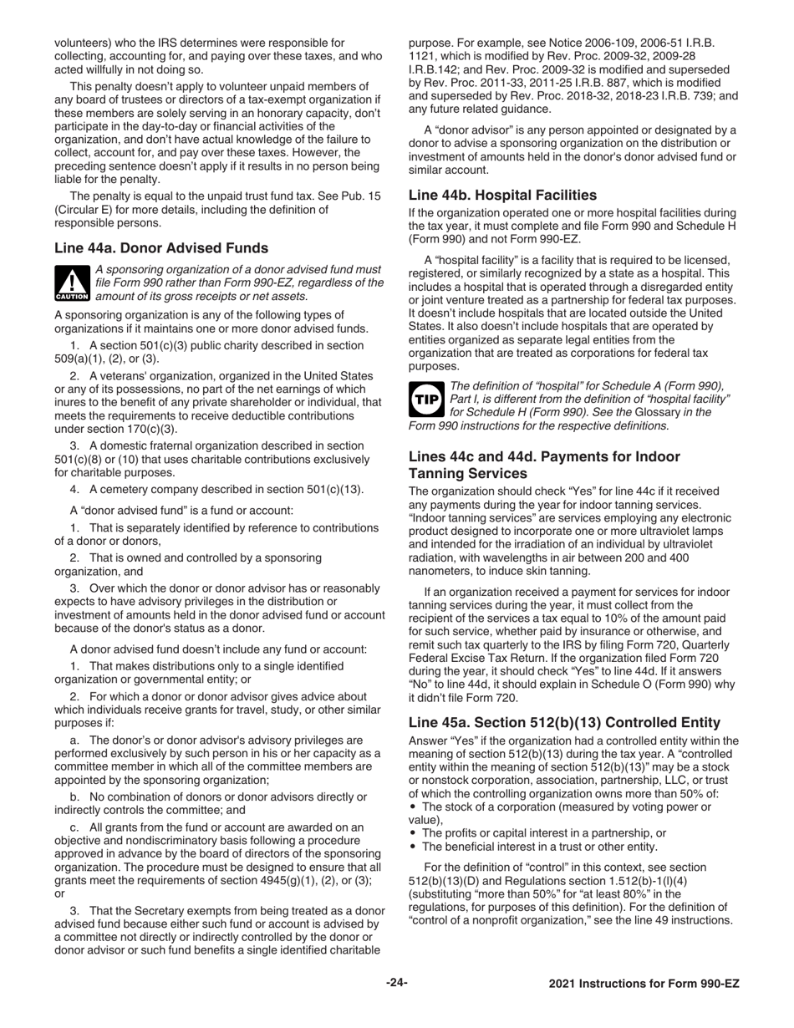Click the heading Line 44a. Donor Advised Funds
[161, 247]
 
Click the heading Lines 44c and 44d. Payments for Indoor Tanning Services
[544, 465]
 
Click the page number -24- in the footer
[396, 983]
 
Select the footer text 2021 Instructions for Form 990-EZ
[644, 984]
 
